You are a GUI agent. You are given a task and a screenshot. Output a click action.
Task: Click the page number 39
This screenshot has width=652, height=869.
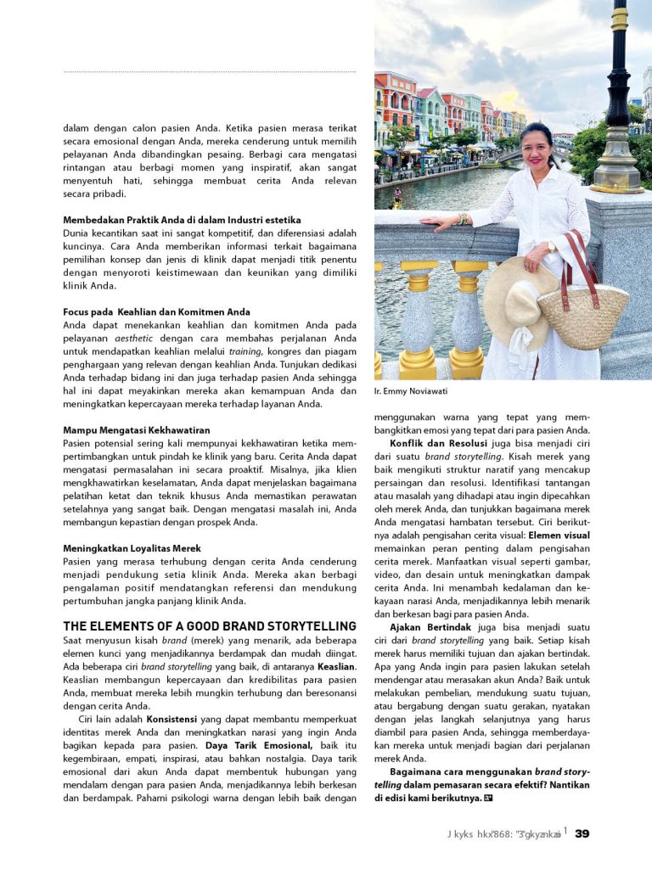582,833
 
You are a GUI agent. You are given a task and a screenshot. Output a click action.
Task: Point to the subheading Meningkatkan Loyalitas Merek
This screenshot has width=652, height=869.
132,548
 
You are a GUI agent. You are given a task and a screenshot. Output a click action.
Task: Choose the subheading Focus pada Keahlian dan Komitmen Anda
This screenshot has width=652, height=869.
156,312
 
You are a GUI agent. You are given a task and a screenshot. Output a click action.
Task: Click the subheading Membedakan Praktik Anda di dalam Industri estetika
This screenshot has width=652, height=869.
182,220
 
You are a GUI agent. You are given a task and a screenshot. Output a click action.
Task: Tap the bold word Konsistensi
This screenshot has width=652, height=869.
172,719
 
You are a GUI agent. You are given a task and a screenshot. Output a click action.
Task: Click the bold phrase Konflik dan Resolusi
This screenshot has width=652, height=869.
438,443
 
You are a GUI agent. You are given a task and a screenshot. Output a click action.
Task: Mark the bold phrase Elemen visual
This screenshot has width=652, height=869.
559,535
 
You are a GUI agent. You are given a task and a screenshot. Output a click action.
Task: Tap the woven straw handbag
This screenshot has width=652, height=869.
583,315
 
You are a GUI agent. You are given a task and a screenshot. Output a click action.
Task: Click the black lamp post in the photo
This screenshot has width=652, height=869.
617,102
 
